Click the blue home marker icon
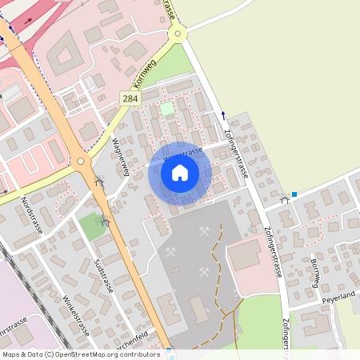180,173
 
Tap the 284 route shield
130,98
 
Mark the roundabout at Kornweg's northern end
177,33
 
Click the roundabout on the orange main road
81,162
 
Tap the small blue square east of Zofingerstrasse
294,194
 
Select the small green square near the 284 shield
166,108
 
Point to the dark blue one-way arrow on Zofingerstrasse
223,114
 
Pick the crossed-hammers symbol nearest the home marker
204,232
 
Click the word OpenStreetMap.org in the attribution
85,354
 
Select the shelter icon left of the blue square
284,199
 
